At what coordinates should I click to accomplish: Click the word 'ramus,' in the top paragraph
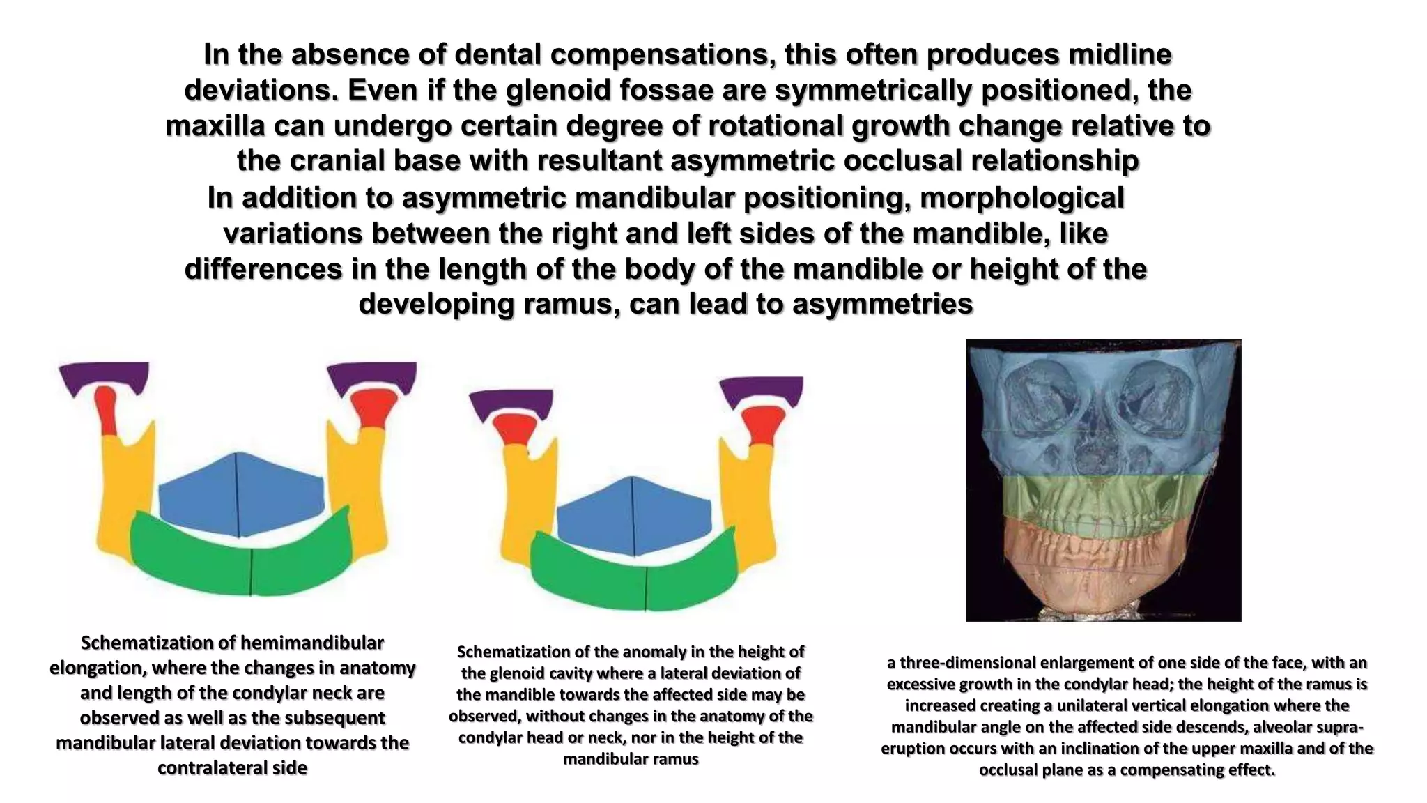click(x=569, y=305)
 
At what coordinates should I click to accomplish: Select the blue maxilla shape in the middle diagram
click(x=633, y=517)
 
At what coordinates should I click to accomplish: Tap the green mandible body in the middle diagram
click(x=633, y=579)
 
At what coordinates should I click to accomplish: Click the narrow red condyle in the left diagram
click(x=107, y=411)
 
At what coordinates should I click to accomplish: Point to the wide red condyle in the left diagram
click(x=373, y=408)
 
